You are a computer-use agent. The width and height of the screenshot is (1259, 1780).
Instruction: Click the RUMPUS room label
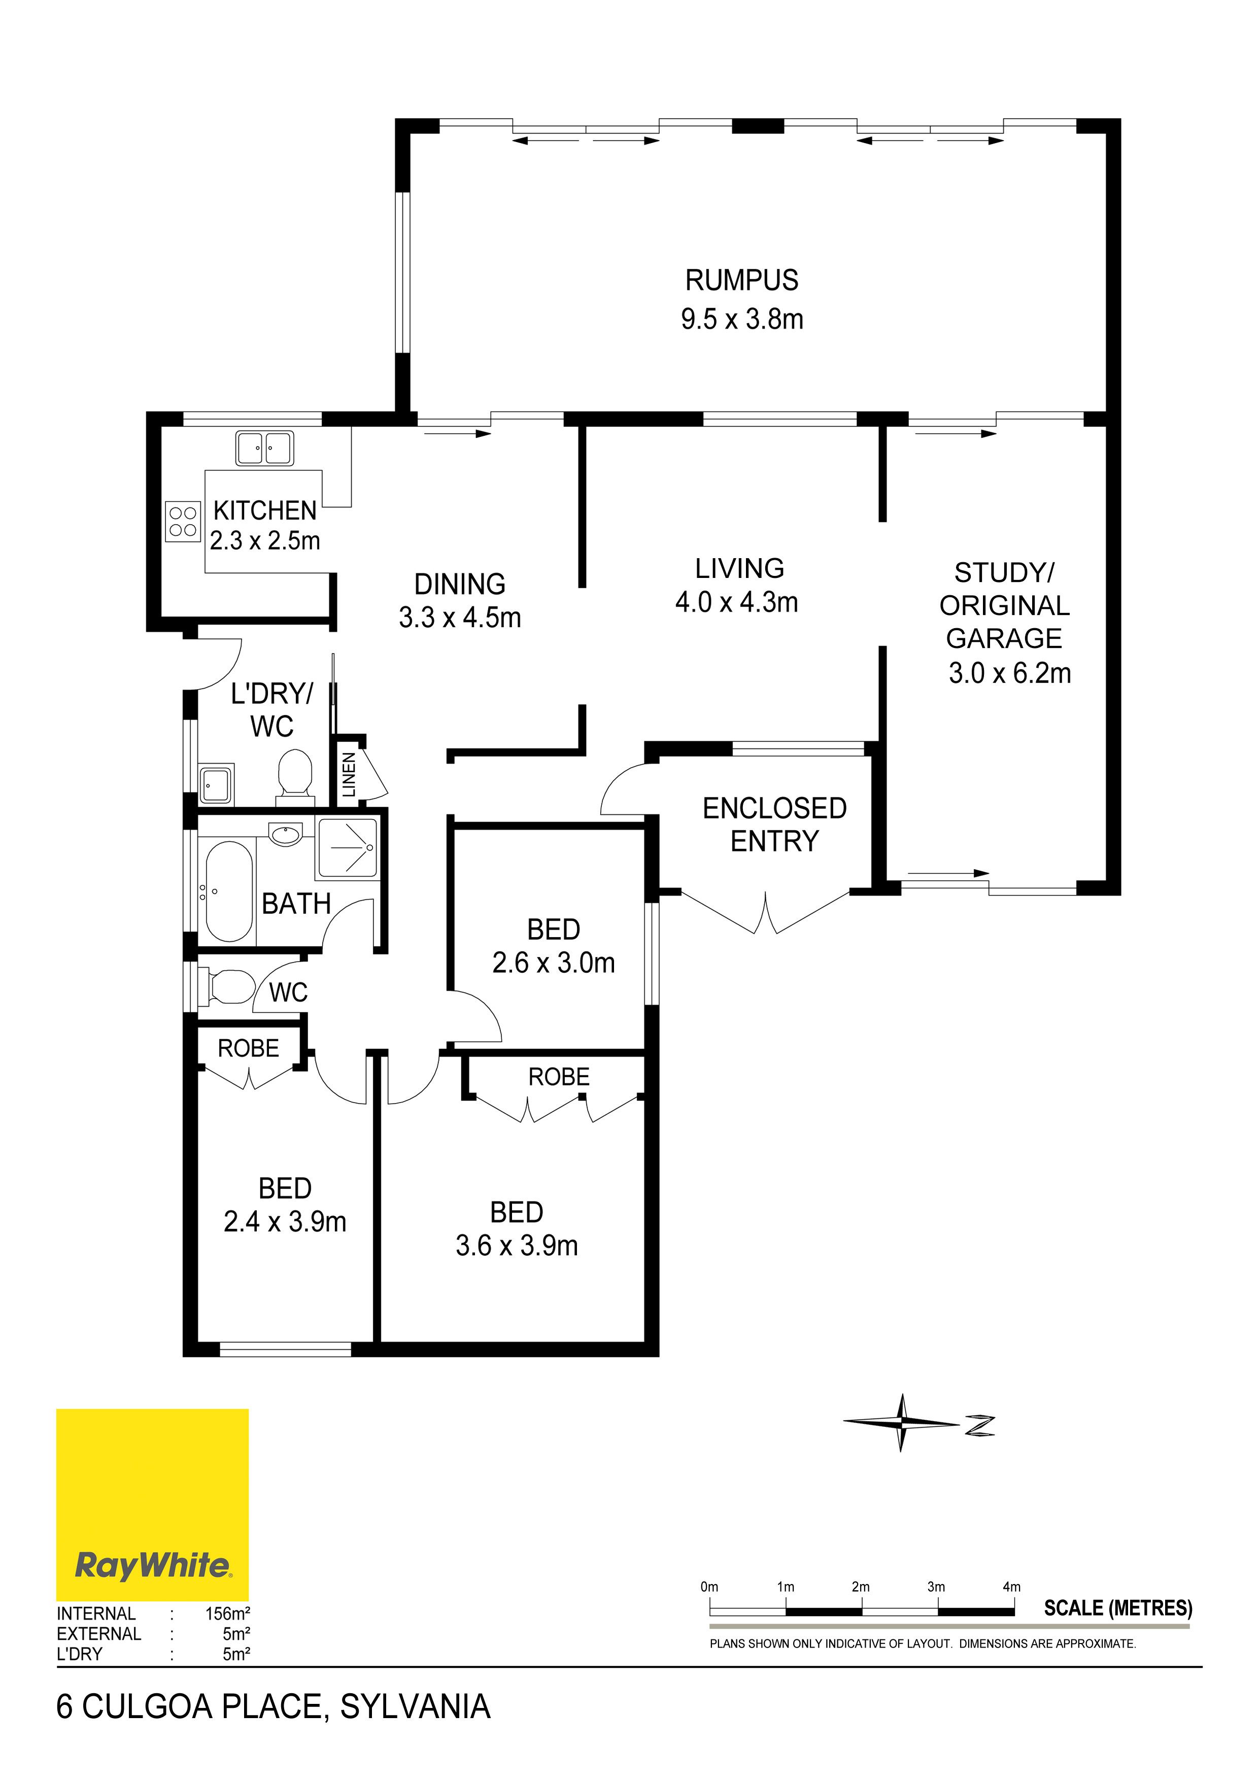(x=741, y=280)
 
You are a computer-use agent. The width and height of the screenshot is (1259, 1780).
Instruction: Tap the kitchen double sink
(x=264, y=449)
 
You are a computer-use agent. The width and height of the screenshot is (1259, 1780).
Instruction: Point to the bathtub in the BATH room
(x=229, y=891)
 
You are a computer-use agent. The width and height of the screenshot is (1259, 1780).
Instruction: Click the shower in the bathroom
(x=347, y=847)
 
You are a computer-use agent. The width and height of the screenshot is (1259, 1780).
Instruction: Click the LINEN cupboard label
(x=349, y=774)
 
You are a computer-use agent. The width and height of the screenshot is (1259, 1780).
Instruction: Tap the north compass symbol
(x=918, y=1423)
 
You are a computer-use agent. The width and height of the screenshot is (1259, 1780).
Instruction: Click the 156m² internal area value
(x=227, y=1614)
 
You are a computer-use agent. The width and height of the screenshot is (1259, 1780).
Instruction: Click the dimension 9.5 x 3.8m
(x=742, y=319)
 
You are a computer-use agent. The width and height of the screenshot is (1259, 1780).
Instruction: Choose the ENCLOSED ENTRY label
(x=774, y=824)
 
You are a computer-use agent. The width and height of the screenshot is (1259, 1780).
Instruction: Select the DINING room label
(x=460, y=584)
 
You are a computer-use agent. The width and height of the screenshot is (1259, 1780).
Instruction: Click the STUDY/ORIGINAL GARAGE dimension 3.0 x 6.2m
(x=1010, y=673)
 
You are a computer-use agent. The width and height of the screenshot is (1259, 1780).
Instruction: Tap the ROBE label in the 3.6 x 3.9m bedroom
(x=559, y=1076)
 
